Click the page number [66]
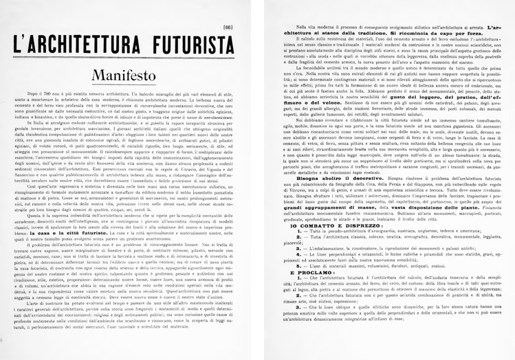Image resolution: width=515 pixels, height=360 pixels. [228, 8]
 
